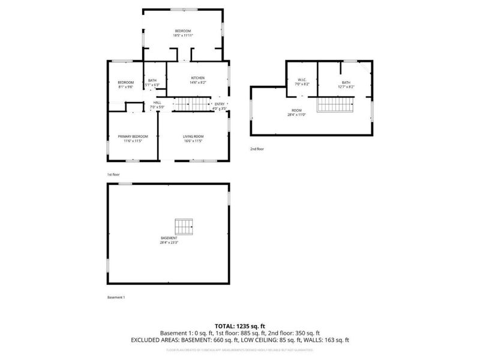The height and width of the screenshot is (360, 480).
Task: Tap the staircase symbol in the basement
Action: click(x=184, y=227)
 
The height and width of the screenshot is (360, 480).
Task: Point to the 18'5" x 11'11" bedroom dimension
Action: click(x=183, y=35)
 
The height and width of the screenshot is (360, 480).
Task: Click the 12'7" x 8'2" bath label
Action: click(x=346, y=87)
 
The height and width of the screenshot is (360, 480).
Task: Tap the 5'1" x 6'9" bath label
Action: click(x=152, y=85)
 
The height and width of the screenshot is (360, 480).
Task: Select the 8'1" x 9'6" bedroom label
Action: click(x=125, y=87)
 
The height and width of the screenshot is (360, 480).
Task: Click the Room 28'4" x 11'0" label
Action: click(x=296, y=113)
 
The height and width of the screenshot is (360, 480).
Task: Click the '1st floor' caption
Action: click(x=115, y=175)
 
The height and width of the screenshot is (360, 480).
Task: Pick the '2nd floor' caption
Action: click(x=257, y=149)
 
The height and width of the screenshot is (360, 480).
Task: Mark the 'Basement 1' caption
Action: click(x=116, y=298)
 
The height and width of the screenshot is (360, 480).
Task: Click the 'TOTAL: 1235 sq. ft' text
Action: click(x=240, y=326)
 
